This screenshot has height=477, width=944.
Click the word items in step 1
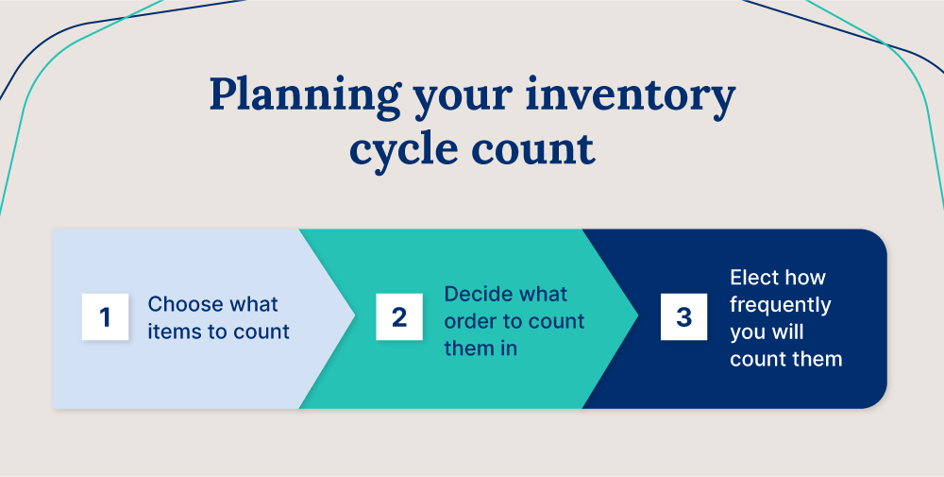170,332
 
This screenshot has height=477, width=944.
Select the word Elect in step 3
751,278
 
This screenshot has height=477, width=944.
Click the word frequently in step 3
780,305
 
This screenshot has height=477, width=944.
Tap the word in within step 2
509,349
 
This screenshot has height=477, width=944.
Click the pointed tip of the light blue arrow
355,318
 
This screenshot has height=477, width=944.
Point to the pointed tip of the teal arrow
638,318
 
